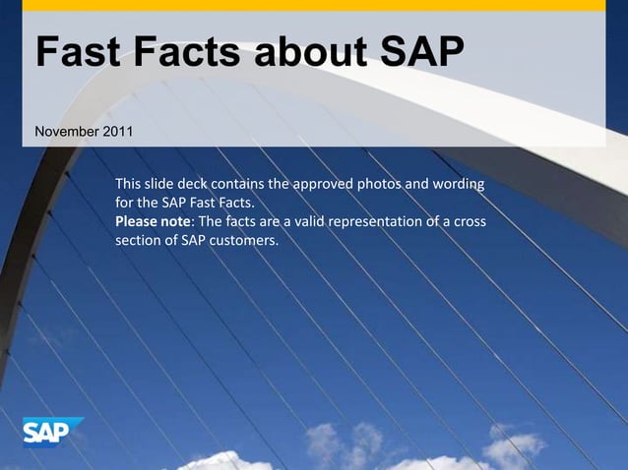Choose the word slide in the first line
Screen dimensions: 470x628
coord(158,184)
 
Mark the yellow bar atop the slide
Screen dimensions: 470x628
coord(313,5)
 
